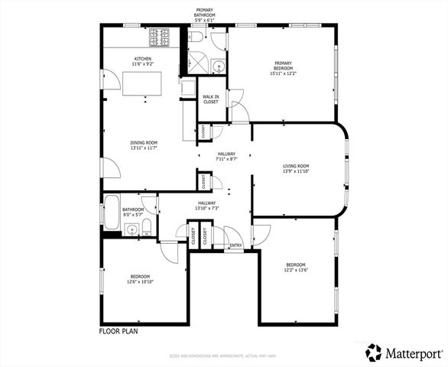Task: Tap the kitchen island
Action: (144, 82)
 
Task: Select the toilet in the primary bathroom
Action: (196, 37)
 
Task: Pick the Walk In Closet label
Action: (210, 99)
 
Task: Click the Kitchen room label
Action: (143, 61)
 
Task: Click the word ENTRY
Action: (235, 245)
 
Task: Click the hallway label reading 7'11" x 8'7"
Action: (227, 159)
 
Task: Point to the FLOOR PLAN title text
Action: (118, 332)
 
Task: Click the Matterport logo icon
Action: (374, 352)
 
